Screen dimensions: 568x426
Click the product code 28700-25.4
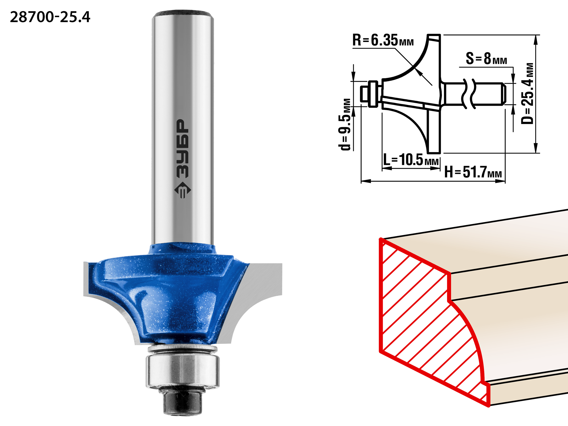50,17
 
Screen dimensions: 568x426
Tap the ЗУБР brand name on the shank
183,149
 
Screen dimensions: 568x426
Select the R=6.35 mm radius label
383,40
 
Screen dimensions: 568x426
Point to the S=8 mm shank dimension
486,58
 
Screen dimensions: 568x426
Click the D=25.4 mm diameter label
527,93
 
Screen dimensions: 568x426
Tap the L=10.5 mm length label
411,159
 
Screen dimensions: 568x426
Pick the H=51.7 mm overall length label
473,172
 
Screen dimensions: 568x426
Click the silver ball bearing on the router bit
183,370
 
